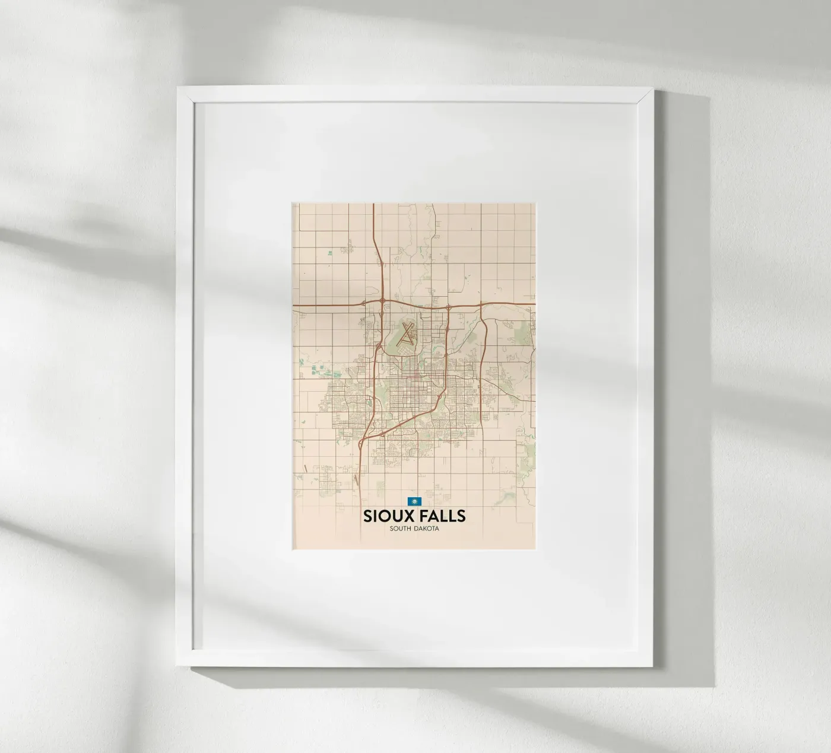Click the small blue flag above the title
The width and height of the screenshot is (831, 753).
413,501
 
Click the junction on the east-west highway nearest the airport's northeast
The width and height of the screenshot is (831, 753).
448,307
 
